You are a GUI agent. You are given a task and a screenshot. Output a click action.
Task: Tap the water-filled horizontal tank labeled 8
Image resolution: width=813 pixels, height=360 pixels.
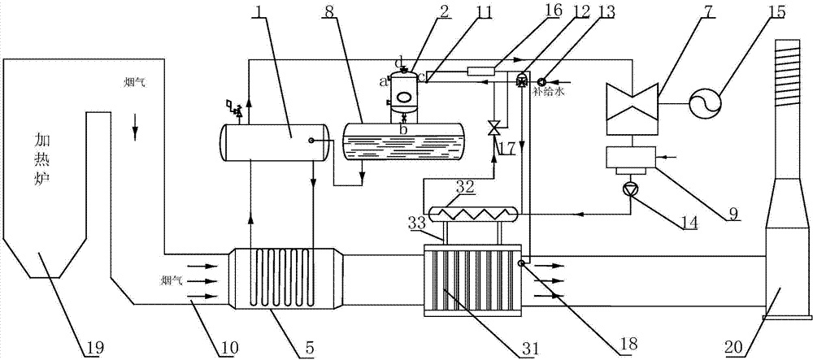coord(402,141)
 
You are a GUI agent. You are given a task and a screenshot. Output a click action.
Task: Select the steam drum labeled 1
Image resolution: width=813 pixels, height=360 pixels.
coord(272,141)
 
